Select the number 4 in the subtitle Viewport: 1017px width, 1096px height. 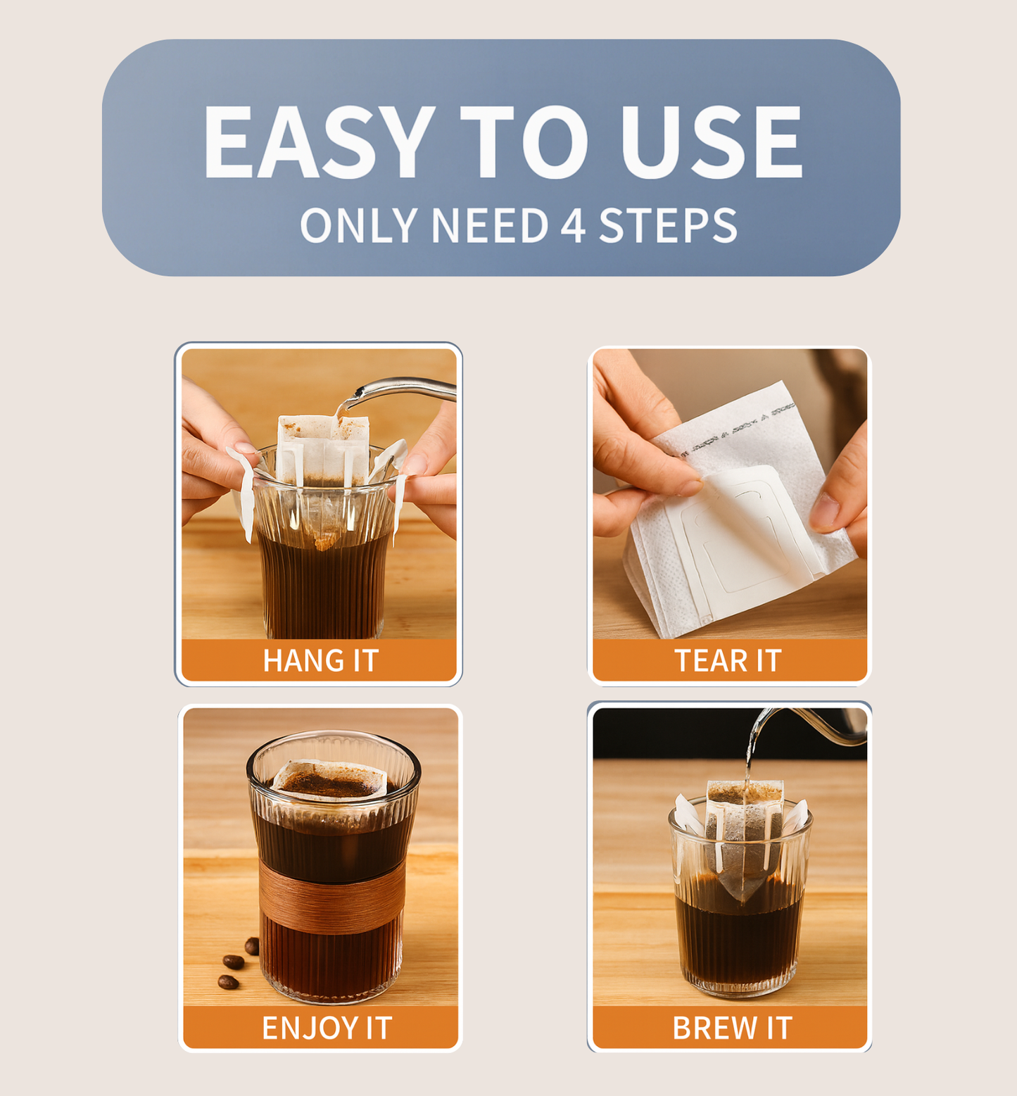pyautogui.click(x=573, y=226)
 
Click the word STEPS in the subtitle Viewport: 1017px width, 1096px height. pyautogui.click(x=668, y=226)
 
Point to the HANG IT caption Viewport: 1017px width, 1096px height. pyautogui.click(x=321, y=661)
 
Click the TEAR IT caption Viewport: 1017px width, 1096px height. pyautogui.click(x=728, y=661)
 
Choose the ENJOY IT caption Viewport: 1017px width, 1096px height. pyautogui.click(x=327, y=1028)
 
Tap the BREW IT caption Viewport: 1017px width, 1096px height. pyautogui.click(x=732, y=1028)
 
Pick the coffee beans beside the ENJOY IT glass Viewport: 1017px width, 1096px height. pyautogui.click(x=238, y=962)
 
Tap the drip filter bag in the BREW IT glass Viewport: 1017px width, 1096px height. pyautogui.click(x=744, y=835)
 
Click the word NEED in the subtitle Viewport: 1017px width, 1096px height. pyautogui.click(x=489, y=226)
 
